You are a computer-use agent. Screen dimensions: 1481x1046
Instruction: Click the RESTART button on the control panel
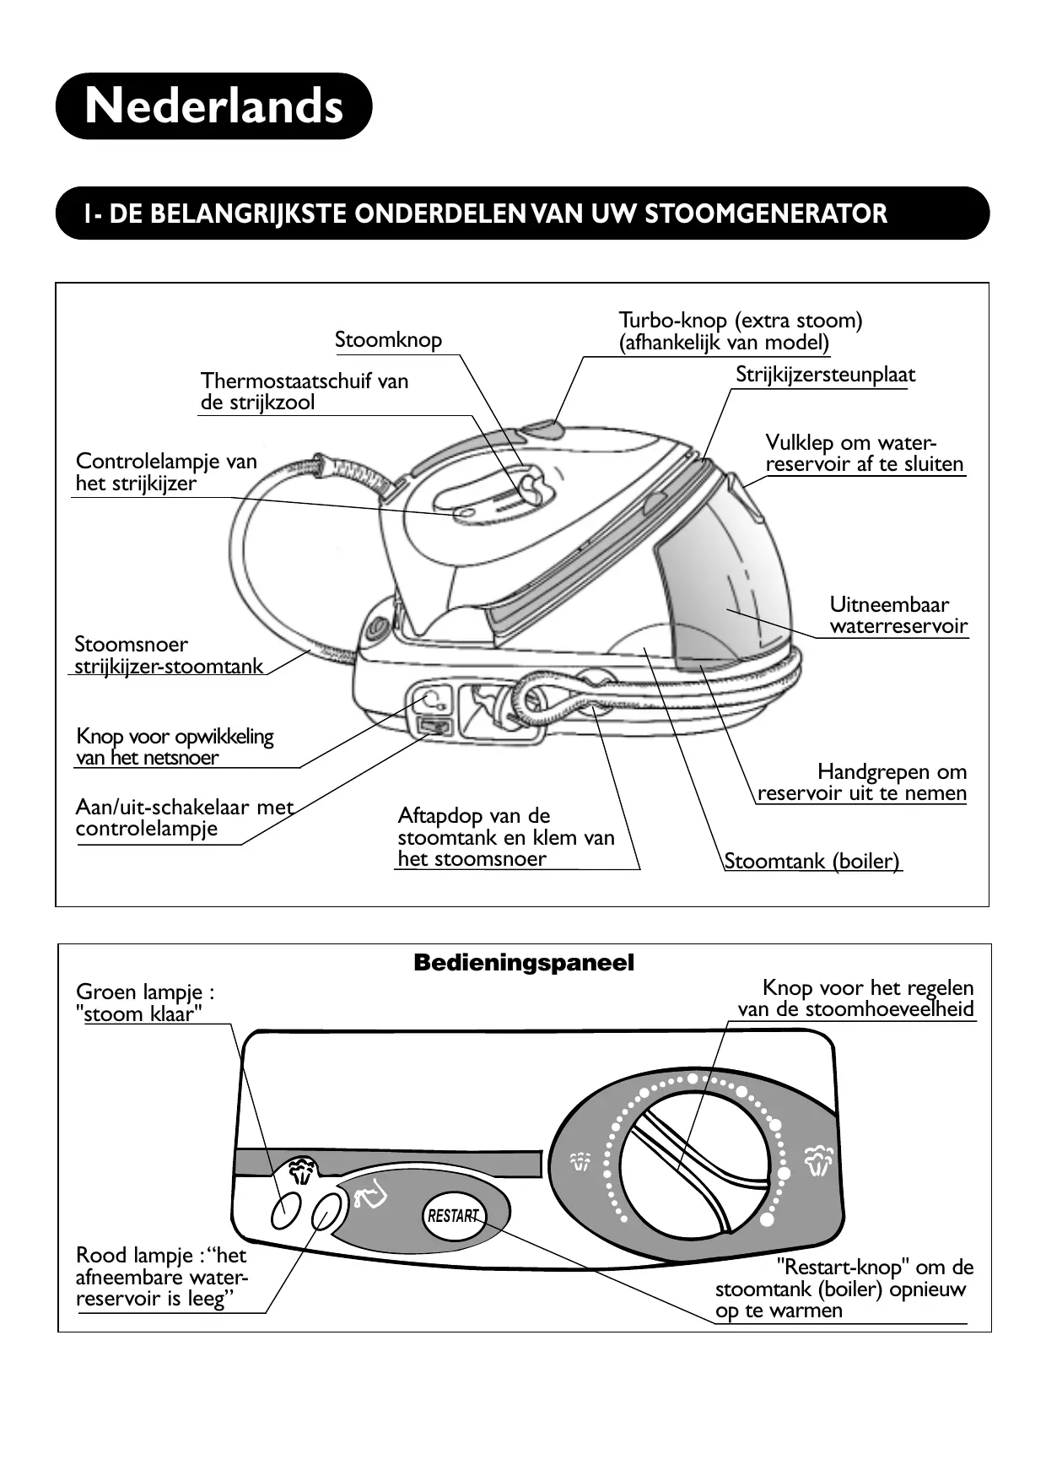click(x=453, y=1216)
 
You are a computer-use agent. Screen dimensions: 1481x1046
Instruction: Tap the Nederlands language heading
click(x=214, y=106)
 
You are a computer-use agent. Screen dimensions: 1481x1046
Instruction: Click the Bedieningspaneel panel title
click(x=523, y=963)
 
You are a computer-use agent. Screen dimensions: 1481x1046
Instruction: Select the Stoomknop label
click(x=388, y=340)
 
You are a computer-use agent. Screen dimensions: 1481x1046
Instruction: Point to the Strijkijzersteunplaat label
click(x=824, y=375)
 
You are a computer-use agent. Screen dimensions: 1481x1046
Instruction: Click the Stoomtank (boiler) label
click(x=811, y=861)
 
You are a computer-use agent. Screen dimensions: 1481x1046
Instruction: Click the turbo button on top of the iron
click(x=542, y=430)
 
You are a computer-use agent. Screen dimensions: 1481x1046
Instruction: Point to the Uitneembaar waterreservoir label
click(x=898, y=615)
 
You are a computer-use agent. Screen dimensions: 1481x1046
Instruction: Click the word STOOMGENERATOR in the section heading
click(x=766, y=214)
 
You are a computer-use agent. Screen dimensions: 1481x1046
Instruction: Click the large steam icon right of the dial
click(x=818, y=1159)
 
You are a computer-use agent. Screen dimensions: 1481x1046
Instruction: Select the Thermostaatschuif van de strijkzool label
click(x=304, y=392)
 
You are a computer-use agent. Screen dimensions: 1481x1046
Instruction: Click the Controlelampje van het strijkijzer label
click(x=165, y=473)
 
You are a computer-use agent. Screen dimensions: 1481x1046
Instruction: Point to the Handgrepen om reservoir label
click(x=861, y=782)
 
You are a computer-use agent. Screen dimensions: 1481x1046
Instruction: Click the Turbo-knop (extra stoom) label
click(x=740, y=332)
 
